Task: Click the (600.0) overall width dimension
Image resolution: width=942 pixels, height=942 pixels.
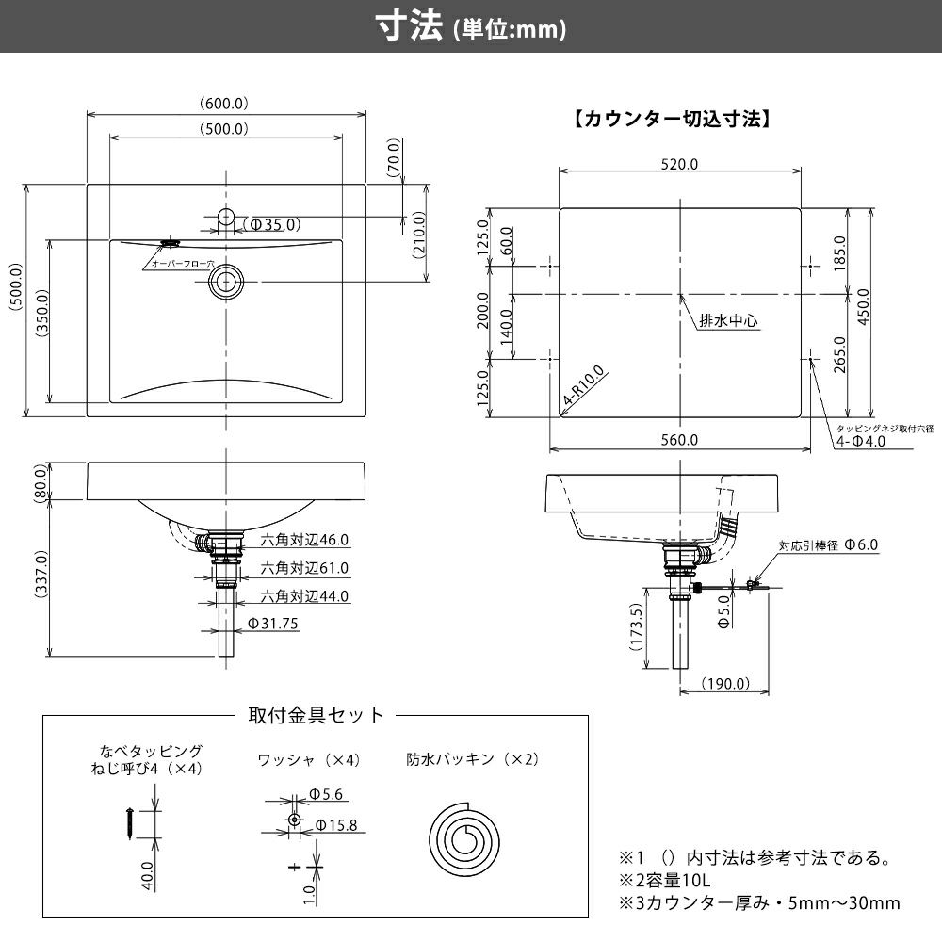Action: (223, 104)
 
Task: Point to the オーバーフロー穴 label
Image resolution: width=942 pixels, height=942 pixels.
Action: (183, 265)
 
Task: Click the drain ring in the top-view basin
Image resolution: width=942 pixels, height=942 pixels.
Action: (226, 281)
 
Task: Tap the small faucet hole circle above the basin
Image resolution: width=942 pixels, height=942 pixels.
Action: (226, 217)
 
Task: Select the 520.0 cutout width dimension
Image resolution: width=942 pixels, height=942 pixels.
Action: (679, 163)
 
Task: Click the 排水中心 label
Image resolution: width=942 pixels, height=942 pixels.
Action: (728, 320)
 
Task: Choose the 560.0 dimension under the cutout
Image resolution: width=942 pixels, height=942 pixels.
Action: (679, 440)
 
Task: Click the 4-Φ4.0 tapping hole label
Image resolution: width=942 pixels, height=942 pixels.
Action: (861, 440)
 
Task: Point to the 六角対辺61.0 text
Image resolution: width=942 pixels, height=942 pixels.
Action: (304, 568)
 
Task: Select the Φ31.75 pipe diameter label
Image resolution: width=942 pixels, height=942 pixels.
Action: (273, 624)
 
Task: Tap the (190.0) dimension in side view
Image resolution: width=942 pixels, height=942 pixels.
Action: (724, 684)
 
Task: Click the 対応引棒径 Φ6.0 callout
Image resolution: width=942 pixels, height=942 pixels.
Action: (828, 544)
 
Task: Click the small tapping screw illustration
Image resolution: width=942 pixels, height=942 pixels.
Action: (130, 821)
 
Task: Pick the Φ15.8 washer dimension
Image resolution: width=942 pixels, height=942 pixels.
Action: (334, 825)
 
